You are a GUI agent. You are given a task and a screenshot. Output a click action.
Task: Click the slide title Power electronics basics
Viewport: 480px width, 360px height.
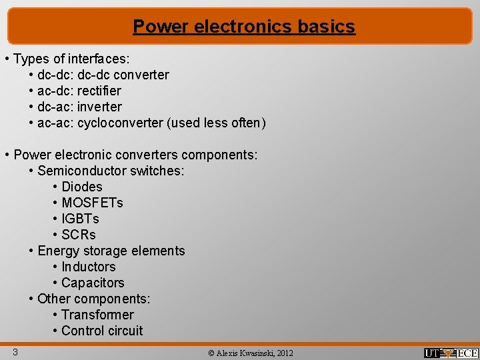point(243,27)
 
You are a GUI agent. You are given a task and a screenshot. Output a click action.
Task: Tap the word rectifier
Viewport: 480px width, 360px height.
point(99,91)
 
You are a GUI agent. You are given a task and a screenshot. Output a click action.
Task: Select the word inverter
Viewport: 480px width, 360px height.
point(99,107)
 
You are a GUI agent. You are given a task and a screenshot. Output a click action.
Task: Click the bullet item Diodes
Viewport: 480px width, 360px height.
point(82,187)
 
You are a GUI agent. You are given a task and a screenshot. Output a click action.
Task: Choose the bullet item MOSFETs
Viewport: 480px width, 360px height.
point(92,203)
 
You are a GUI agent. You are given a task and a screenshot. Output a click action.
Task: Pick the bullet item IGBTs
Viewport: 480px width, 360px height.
point(80,219)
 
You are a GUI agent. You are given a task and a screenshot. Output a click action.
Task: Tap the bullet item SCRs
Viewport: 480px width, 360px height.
point(79,235)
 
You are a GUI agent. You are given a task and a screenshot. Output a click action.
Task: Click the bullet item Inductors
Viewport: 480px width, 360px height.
point(89,267)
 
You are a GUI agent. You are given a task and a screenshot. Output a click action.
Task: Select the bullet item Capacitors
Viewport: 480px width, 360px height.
point(93,283)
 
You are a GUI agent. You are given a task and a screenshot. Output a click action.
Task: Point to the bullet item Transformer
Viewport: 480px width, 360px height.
point(97,315)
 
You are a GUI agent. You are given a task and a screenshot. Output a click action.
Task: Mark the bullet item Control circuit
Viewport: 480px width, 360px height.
point(102,331)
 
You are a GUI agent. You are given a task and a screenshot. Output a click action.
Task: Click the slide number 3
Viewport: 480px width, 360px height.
point(14,351)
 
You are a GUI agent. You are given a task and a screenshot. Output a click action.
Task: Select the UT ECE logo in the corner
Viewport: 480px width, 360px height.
point(451,353)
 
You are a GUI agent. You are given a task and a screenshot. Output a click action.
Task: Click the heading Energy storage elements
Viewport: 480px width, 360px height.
point(111,251)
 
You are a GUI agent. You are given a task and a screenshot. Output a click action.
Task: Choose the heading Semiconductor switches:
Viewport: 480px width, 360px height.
point(111,171)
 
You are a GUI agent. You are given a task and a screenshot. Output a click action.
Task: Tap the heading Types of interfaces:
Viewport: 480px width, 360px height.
point(71,59)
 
